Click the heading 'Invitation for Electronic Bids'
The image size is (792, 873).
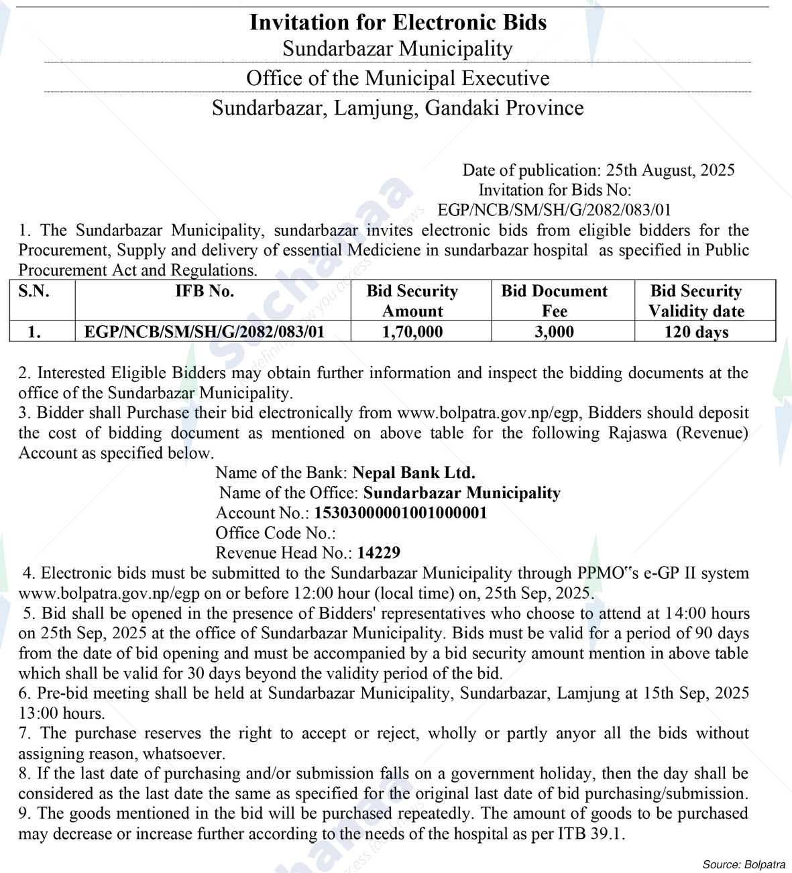point(398,22)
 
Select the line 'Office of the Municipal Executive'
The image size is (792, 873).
point(398,78)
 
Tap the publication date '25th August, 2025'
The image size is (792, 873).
point(670,170)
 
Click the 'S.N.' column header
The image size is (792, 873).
point(34,292)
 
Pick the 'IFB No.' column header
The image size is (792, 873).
point(213,292)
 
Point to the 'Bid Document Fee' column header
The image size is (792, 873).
point(554,301)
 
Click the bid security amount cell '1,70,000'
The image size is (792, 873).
point(412,332)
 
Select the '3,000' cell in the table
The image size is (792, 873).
point(554,332)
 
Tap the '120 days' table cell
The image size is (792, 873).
point(696,332)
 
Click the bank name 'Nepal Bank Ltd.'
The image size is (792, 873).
point(414,473)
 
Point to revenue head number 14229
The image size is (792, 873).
point(379,553)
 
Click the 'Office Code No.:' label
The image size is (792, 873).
point(275,533)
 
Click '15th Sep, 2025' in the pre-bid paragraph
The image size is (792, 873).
point(687,693)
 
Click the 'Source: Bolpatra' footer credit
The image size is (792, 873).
point(744,864)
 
